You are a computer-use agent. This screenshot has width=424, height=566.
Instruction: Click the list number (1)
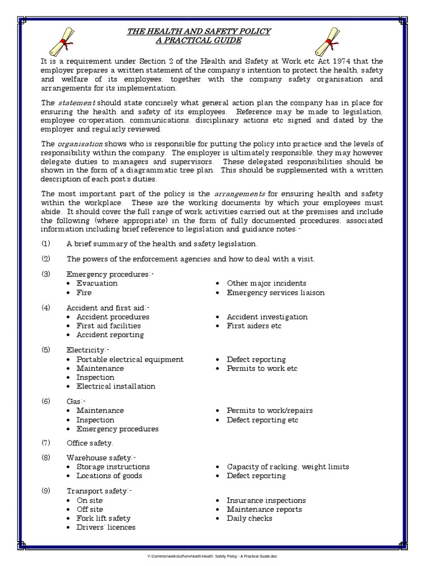[x=46, y=244]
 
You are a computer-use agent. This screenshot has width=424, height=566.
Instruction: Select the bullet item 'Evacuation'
[x=97, y=283]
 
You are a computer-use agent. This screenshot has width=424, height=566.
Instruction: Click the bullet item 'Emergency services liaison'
[x=275, y=292]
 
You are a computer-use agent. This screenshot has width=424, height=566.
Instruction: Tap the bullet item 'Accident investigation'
[x=267, y=317]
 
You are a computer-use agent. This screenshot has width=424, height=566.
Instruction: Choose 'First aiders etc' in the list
[x=254, y=326]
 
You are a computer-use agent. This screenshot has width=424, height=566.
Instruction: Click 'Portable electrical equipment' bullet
[x=130, y=359]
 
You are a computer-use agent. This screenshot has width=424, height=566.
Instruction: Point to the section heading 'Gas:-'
[x=76, y=401]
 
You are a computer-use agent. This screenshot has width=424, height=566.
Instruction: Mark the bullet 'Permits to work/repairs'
[x=269, y=411]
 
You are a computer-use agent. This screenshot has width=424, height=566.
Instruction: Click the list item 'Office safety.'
[x=90, y=443]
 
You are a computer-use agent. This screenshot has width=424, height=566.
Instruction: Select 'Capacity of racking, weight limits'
[x=288, y=467]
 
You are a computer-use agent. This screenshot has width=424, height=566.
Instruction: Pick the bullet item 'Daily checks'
[x=249, y=518]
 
